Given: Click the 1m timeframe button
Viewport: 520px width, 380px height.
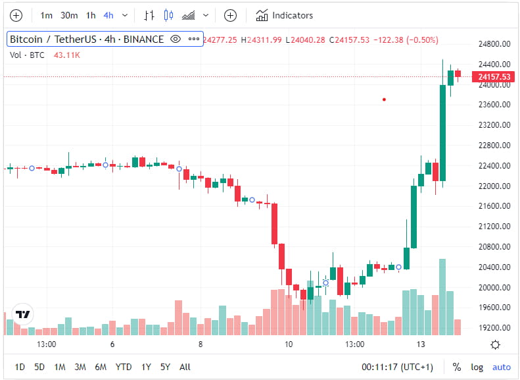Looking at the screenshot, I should coord(46,15).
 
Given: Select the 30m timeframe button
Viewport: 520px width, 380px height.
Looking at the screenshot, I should coord(69,15).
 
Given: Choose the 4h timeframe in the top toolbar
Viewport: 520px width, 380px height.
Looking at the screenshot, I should coord(108,15).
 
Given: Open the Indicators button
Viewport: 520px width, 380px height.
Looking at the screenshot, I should coord(285,15).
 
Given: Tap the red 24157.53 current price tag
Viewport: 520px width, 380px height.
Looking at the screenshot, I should coord(494,77).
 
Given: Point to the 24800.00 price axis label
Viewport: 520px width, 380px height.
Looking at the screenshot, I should coord(494,44).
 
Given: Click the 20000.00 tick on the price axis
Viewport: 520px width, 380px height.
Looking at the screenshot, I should coord(494,287).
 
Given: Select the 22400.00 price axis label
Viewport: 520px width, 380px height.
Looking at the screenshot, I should coord(494,165).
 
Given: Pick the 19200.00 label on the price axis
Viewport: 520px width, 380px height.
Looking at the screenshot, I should coord(494,327).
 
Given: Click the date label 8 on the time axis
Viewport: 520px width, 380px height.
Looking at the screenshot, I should coord(201,344).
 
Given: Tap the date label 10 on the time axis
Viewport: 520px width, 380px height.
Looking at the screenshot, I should coord(288,344).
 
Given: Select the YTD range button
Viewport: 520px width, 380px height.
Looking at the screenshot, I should coord(123,367).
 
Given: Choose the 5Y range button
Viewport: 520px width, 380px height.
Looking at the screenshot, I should coord(165,367).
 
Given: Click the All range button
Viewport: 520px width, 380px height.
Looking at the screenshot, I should coord(185,367).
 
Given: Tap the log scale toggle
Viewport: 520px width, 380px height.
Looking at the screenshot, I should coord(477,367).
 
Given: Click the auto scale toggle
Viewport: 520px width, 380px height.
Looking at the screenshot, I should coord(501,367).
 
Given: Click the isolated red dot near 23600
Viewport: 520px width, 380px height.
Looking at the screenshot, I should coord(384,99).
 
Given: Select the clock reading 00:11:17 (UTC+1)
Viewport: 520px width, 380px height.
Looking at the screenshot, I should coord(397,367).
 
